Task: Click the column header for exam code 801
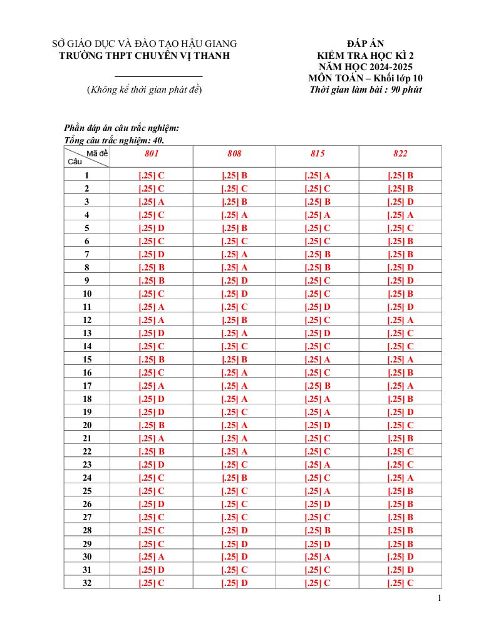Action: [151, 154]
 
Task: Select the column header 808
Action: [234, 154]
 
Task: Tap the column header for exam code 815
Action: [318, 154]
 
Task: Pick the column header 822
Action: [400, 154]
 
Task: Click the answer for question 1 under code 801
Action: [151, 176]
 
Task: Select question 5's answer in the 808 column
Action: [234, 228]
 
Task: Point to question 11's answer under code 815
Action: [318, 307]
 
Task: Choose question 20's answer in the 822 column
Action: [400, 426]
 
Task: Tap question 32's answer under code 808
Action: [234, 583]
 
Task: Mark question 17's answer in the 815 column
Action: [318, 386]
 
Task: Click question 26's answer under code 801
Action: [151, 505]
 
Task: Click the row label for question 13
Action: [87, 334]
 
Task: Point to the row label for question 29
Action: [87, 544]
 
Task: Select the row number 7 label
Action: [87, 255]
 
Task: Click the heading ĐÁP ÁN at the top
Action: [365, 44]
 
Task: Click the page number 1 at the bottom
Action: [440, 598]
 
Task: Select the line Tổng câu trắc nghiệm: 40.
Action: [114, 140]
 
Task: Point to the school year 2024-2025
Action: [388, 66]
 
